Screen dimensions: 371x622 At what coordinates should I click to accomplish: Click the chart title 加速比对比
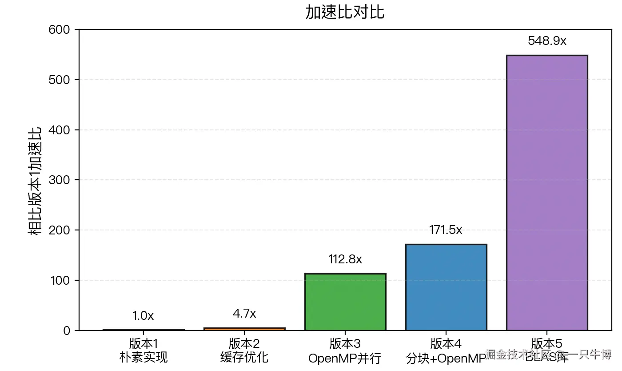(x=345, y=12)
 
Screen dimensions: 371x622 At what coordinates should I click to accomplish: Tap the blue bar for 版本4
(x=446, y=287)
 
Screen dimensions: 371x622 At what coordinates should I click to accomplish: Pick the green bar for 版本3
(x=345, y=302)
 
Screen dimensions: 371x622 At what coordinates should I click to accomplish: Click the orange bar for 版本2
(x=244, y=329)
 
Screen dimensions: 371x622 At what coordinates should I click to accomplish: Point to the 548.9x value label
(x=547, y=41)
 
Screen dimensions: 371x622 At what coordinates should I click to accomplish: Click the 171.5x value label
(x=446, y=230)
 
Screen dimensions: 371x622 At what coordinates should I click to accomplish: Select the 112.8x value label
(x=345, y=259)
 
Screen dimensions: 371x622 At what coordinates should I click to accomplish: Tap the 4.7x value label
(x=244, y=314)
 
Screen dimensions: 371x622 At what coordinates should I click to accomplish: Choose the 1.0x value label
(x=143, y=316)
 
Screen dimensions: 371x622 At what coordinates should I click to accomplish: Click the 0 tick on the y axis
(x=67, y=331)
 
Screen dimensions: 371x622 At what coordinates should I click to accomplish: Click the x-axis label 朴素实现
(x=144, y=357)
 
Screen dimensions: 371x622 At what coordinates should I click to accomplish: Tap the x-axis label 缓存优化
(x=244, y=357)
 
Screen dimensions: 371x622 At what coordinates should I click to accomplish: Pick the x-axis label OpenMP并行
(x=345, y=358)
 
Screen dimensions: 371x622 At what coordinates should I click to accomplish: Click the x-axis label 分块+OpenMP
(x=446, y=358)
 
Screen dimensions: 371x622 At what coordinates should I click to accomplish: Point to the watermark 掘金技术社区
(x=518, y=355)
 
